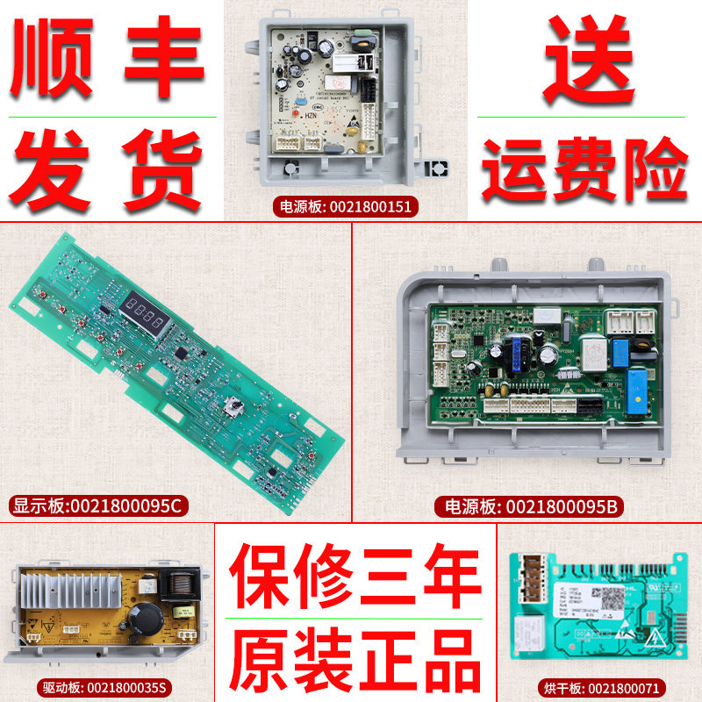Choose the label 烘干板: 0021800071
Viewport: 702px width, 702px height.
coord(601,688)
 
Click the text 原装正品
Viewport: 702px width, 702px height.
coord(355,655)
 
